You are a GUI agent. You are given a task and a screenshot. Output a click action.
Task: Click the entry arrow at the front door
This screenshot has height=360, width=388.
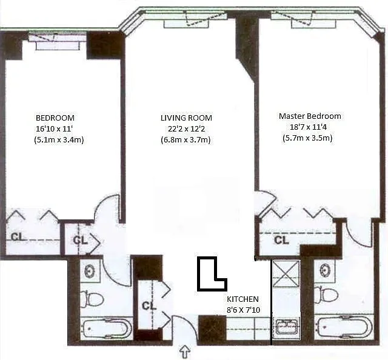click(185, 352)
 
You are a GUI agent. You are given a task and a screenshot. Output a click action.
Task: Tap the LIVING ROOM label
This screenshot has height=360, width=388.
click(186, 118)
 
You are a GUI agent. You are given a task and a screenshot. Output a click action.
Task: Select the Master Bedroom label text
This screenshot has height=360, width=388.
click(310, 116)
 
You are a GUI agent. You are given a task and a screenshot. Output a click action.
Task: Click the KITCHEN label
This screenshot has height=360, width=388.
click(242, 299)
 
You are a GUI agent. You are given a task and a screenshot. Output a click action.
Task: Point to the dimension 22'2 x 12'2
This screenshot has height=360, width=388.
click(186, 129)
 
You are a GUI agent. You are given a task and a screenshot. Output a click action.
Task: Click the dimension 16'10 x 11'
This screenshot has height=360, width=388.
click(54, 128)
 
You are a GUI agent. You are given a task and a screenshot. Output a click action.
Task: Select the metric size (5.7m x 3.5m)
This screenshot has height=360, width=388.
click(307, 138)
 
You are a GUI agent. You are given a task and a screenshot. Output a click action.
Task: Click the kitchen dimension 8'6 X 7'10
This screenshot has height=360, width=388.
click(244, 310)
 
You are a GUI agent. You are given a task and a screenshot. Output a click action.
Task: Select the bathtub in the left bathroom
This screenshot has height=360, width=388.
click(105, 328)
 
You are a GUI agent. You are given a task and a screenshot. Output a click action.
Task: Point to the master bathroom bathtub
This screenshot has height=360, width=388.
click(344, 327)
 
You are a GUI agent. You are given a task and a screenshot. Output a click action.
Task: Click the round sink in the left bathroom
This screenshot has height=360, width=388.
click(90, 272)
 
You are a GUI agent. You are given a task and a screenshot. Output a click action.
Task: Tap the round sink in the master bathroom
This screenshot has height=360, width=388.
click(324, 270)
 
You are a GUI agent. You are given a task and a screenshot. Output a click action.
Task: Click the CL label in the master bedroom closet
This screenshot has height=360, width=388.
click(281, 240)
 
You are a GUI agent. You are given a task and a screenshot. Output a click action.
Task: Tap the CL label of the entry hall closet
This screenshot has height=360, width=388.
click(149, 306)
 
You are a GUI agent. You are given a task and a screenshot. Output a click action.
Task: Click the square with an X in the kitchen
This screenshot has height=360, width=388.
click(286, 274)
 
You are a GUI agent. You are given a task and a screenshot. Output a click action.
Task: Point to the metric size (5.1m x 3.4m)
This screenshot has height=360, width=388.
click(59, 140)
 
